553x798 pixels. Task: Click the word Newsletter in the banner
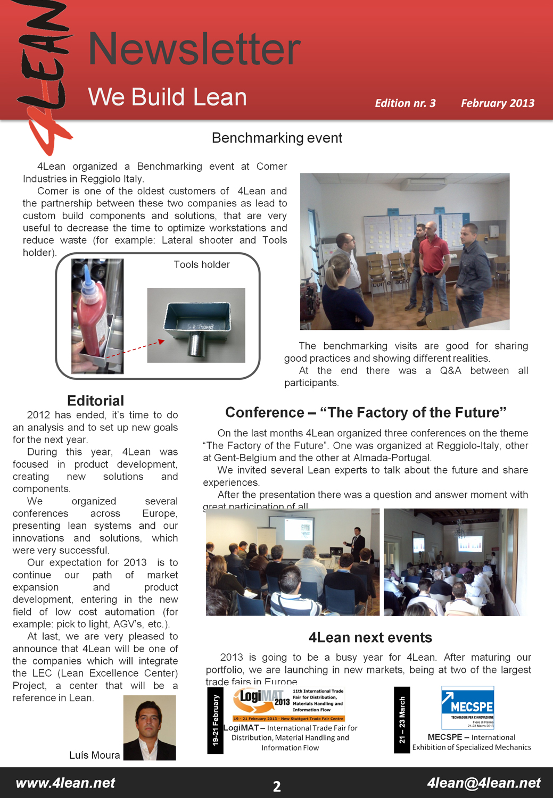coord(194,49)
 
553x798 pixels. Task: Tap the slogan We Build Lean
coord(167,97)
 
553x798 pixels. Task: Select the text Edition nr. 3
coord(405,103)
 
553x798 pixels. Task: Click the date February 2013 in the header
coord(497,103)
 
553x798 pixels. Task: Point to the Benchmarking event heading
coord(277,138)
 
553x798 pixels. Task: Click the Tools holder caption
coord(202,264)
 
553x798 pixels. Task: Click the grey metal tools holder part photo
coord(196,325)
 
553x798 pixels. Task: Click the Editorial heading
coord(95,401)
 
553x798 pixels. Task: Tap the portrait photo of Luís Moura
coord(150,727)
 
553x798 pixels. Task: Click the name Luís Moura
coord(94,755)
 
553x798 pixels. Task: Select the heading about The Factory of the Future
coord(366,412)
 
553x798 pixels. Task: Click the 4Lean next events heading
coord(370,637)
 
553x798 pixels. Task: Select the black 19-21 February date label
coord(216,720)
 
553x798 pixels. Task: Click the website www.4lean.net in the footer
coord(65,783)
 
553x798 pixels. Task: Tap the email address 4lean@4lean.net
coord(483,783)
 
